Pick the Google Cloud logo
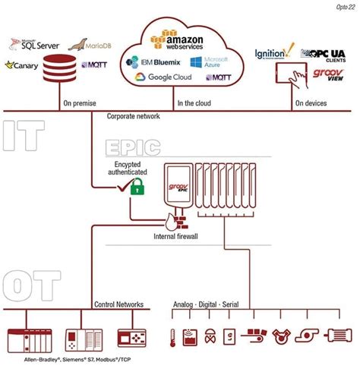163,77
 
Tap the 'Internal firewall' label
177,236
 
